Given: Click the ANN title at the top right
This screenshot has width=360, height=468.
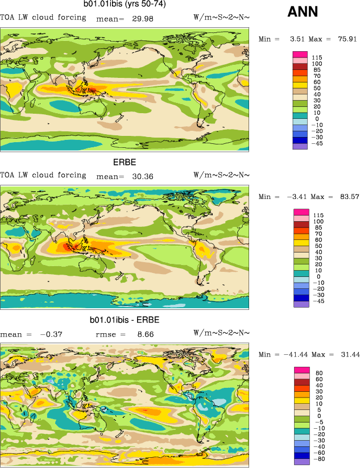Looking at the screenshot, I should click(303, 11).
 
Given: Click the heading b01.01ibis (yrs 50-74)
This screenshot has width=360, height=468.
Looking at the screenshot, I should click(125, 4).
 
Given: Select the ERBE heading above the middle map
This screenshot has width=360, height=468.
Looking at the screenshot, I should click(125, 162).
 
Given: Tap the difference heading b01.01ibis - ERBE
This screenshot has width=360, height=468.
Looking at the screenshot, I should click(125, 320).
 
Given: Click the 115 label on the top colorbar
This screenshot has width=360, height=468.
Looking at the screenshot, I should click(317, 57).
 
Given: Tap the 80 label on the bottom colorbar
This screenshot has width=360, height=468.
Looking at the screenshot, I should click(319, 373).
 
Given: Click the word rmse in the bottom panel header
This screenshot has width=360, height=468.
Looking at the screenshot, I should click(109, 334).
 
